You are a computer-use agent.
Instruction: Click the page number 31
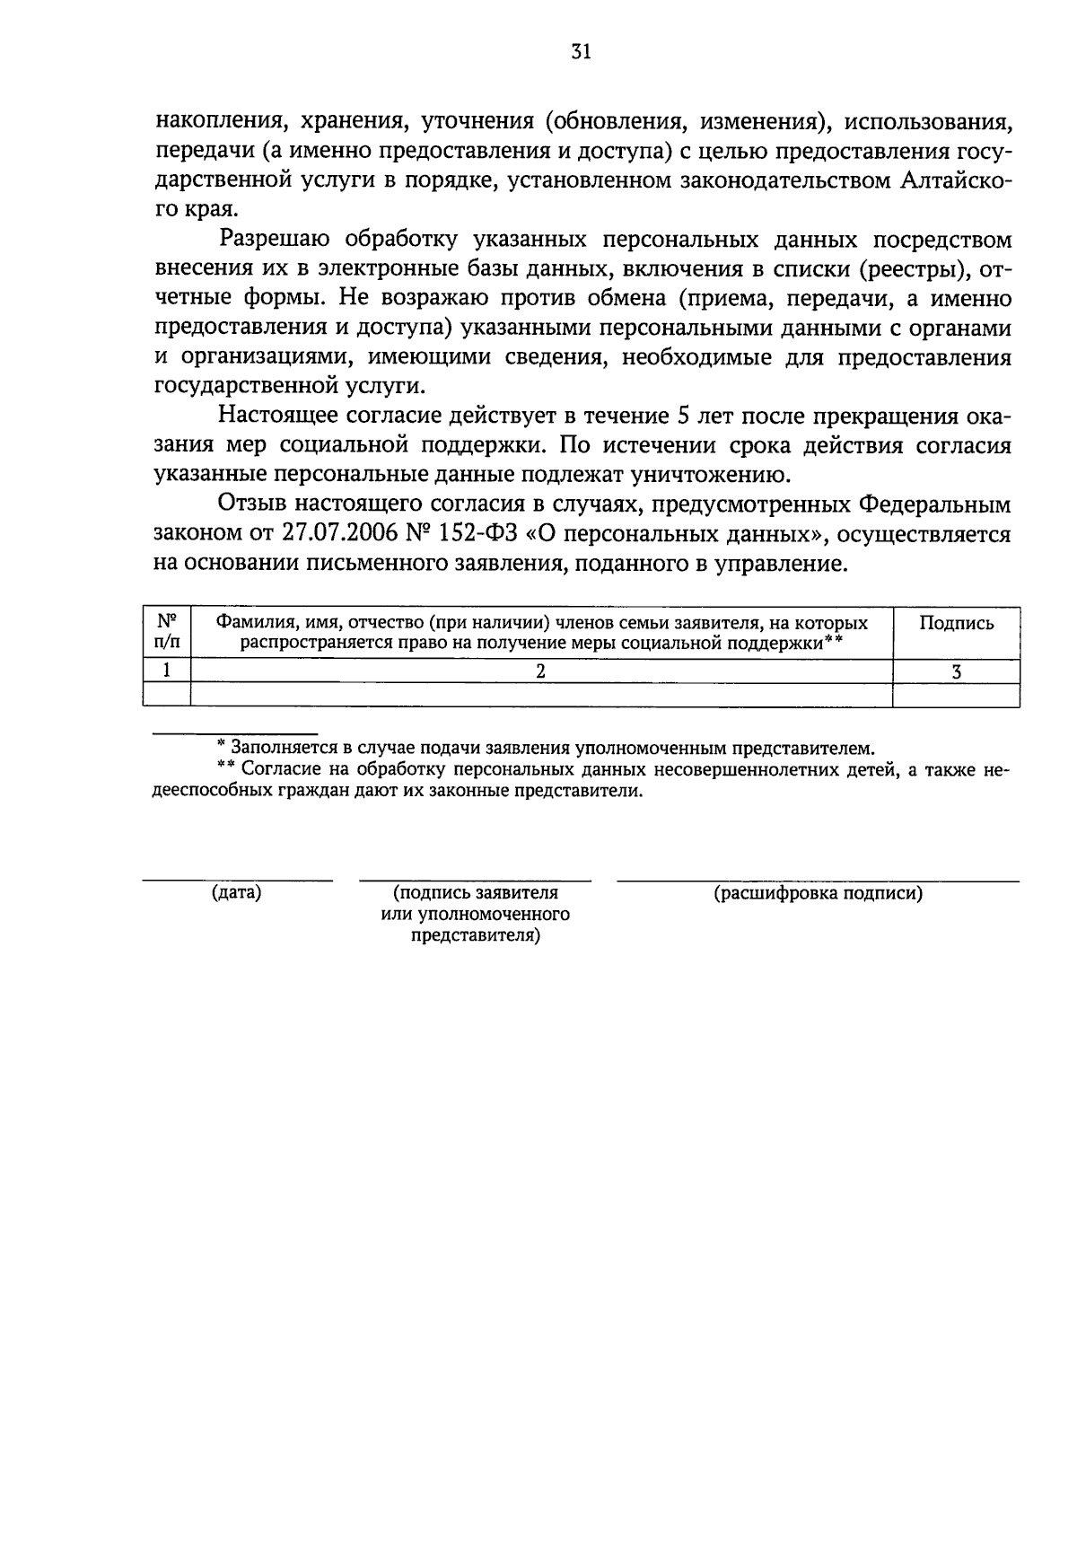581,52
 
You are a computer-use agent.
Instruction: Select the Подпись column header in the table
957,624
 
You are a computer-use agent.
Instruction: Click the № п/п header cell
167,632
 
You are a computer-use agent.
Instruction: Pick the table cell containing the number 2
541,671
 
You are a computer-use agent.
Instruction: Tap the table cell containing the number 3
957,671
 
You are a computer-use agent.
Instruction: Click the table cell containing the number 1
167,671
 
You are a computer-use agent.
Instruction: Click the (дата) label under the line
237,893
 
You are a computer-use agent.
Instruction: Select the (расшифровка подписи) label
819,893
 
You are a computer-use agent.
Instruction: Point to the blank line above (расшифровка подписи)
819,881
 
